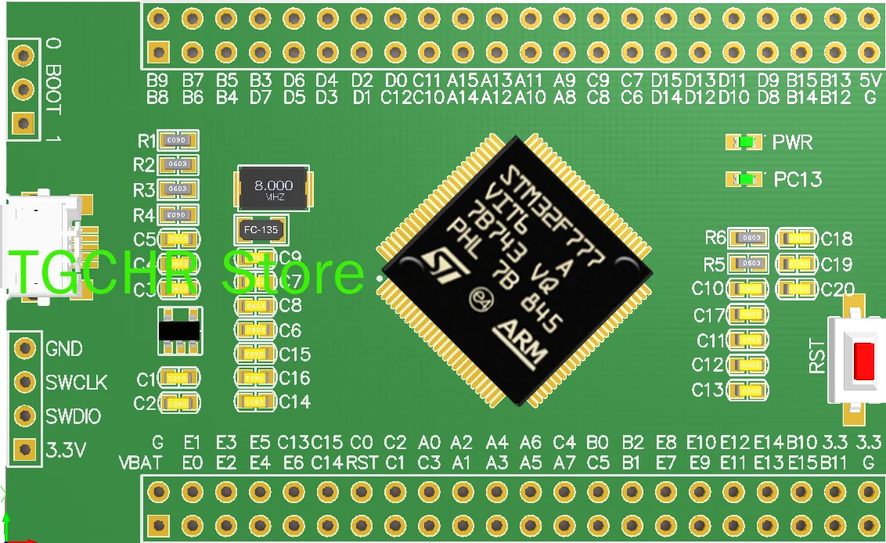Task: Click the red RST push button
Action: click(865, 361)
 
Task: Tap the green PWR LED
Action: click(747, 142)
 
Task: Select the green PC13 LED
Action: click(747, 179)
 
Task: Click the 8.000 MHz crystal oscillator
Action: click(273, 188)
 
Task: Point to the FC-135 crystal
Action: click(261, 230)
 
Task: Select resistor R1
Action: click(178, 140)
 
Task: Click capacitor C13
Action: click(748, 390)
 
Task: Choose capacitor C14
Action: click(254, 401)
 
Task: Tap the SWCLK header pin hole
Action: click(26, 381)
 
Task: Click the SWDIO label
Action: click(73, 416)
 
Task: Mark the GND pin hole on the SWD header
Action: click(26, 347)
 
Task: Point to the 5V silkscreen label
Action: click(870, 81)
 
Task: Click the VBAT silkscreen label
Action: click(141, 462)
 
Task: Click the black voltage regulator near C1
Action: click(178, 331)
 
